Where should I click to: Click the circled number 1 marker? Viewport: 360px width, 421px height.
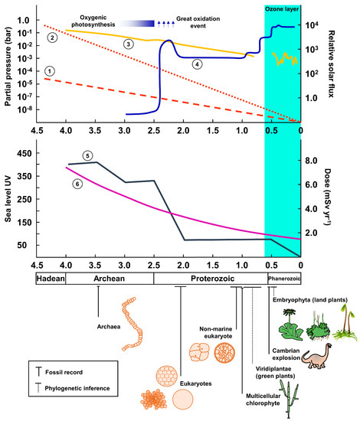point(50,70)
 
